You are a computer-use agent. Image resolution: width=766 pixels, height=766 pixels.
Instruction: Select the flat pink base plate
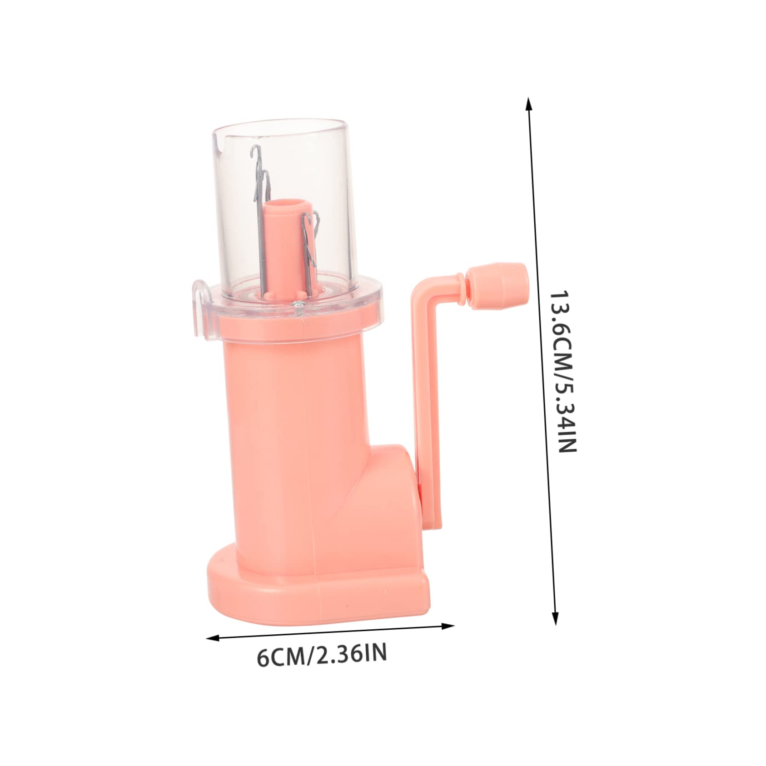coord(318,591)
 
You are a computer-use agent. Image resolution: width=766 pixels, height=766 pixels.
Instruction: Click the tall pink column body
coord(291,432)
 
